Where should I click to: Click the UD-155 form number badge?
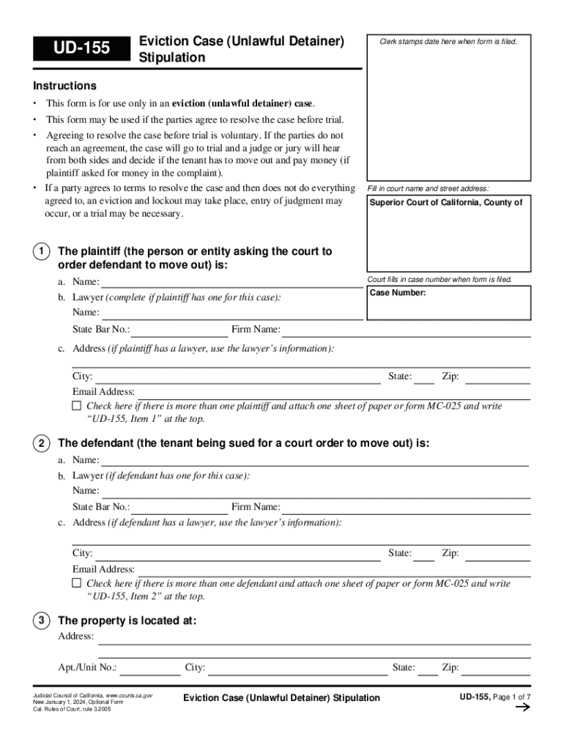(81, 48)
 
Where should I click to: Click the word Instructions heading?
(64, 86)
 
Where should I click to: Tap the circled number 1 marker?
(42, 252)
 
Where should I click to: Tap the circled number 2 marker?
(42, 444)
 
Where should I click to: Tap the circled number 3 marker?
(42, 621)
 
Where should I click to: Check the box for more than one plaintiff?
(77, 406)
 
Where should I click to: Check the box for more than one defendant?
(77, 584)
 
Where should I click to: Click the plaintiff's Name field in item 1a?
(231, 282)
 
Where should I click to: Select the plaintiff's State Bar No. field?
(179, 330)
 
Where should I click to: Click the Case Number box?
(449, 303)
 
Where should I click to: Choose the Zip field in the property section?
(497, 668)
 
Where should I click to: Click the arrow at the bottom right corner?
(522, 708)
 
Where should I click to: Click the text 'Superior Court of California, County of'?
(445, 203)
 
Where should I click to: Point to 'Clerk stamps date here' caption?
(448, 41)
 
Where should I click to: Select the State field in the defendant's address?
(424, 554)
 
